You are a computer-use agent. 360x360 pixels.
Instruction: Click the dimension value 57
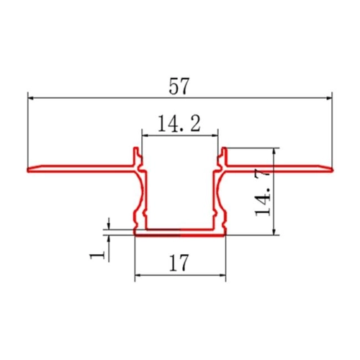click(180, 87)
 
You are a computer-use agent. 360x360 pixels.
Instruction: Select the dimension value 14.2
click(179, 125)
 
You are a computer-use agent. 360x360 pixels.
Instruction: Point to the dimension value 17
click(179, 264)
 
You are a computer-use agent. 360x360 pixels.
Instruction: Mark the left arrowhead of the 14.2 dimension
click(143, 134)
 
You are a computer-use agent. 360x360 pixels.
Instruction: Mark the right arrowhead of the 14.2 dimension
click(216, 134)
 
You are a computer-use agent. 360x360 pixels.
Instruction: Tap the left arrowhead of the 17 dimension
click(138, 275)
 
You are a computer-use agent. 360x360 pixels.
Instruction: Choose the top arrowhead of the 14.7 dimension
click(274, 151)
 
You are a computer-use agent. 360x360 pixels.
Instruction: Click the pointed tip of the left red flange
click(28, 171)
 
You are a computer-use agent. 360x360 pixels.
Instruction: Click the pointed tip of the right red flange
click(333, 170)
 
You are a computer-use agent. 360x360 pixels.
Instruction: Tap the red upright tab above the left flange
click(135, 156)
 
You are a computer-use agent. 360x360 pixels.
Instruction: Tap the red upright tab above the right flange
click(225, 156)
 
